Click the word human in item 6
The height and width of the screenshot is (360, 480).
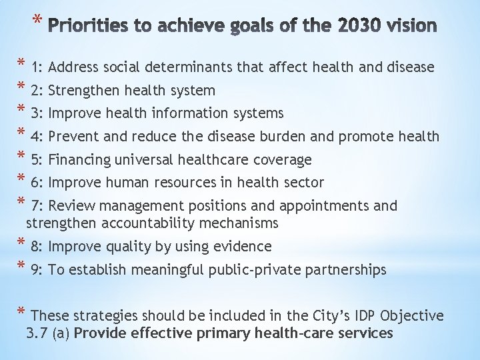click(137, 183)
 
